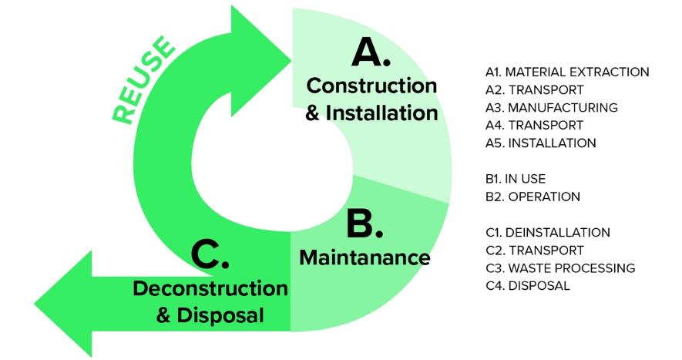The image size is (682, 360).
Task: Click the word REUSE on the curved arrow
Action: point(143,79)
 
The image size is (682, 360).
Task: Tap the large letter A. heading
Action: point(371,52)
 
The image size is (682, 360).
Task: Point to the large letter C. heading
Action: point(210,254)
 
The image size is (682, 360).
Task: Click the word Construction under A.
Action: point(371,86)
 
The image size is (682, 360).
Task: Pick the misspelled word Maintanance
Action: point(365,257)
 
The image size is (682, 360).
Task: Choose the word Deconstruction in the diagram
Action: point(210,288)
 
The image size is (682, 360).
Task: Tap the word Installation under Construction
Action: point(381,113)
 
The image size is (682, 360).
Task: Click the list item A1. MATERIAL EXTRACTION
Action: point(567,72)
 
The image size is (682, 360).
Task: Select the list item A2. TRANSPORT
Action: point(535,89)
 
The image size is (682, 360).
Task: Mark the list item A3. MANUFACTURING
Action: point(552,107)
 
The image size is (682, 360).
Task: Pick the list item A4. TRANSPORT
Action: point(534,126)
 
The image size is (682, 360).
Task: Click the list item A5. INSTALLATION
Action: point(541,143)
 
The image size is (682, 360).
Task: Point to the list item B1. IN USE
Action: point(516,179)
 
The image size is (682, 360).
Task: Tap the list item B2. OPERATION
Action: point(532,197)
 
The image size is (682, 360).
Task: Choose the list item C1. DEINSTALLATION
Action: point(548,233)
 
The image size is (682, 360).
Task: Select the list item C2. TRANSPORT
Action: point(535,251)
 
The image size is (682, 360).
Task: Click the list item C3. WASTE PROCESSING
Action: point(560,268)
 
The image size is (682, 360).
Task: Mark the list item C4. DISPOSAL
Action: point(528,286)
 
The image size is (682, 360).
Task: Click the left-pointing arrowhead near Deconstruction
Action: point(66,304)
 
